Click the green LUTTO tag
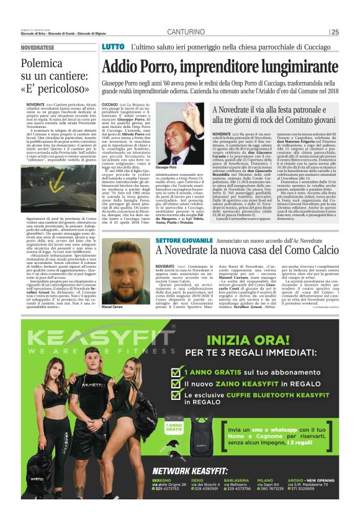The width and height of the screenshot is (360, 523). (x=113, y=47)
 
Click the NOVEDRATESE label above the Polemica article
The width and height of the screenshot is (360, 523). (x=37, y=47)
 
